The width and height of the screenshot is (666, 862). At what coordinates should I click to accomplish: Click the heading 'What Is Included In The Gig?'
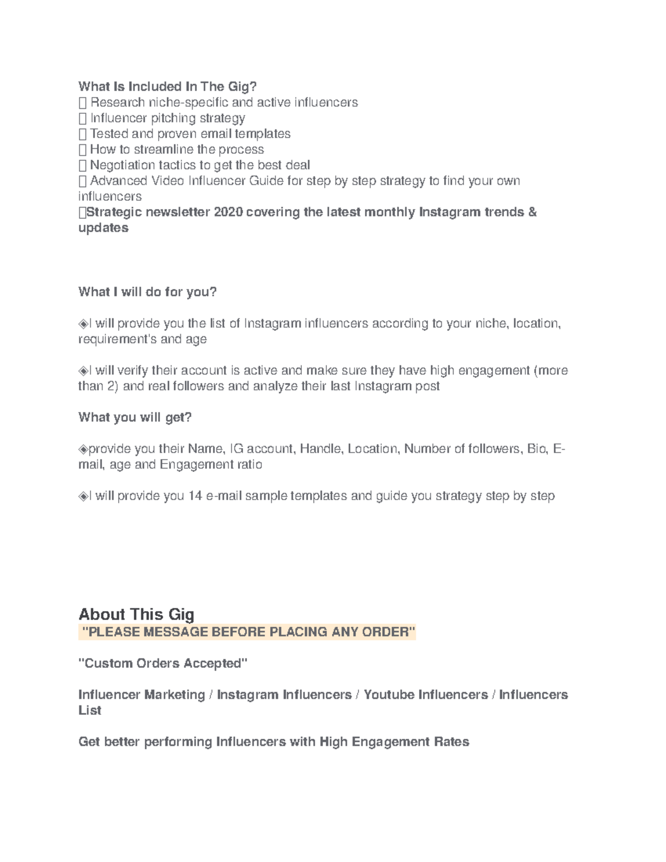click(x=167, y=87)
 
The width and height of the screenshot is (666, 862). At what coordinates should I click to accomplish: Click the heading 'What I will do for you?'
click(x=147, y=292)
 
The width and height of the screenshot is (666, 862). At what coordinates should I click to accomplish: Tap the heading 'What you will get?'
click(x=135, y=417)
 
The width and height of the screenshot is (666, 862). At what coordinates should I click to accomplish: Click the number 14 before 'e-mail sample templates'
click(x=195, y=496)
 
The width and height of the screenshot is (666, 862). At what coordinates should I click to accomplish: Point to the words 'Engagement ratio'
click(x=211, y=465)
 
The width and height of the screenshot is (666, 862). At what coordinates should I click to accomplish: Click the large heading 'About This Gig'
click(x=136, y=614)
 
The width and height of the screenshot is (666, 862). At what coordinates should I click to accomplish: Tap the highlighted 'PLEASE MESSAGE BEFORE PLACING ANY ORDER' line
click(x=248, y=632)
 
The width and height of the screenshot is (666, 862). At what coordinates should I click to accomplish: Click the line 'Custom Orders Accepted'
click(x=163, y=663)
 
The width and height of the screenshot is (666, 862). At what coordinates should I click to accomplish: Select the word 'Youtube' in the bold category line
click(x=389, y=695)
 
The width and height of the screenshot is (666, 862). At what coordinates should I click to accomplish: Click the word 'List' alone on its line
click(x=90, y=710)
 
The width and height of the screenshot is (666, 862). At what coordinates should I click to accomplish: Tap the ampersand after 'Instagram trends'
click(x=532, y=212)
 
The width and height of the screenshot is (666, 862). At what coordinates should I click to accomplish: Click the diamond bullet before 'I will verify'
click(x=83, y=371)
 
